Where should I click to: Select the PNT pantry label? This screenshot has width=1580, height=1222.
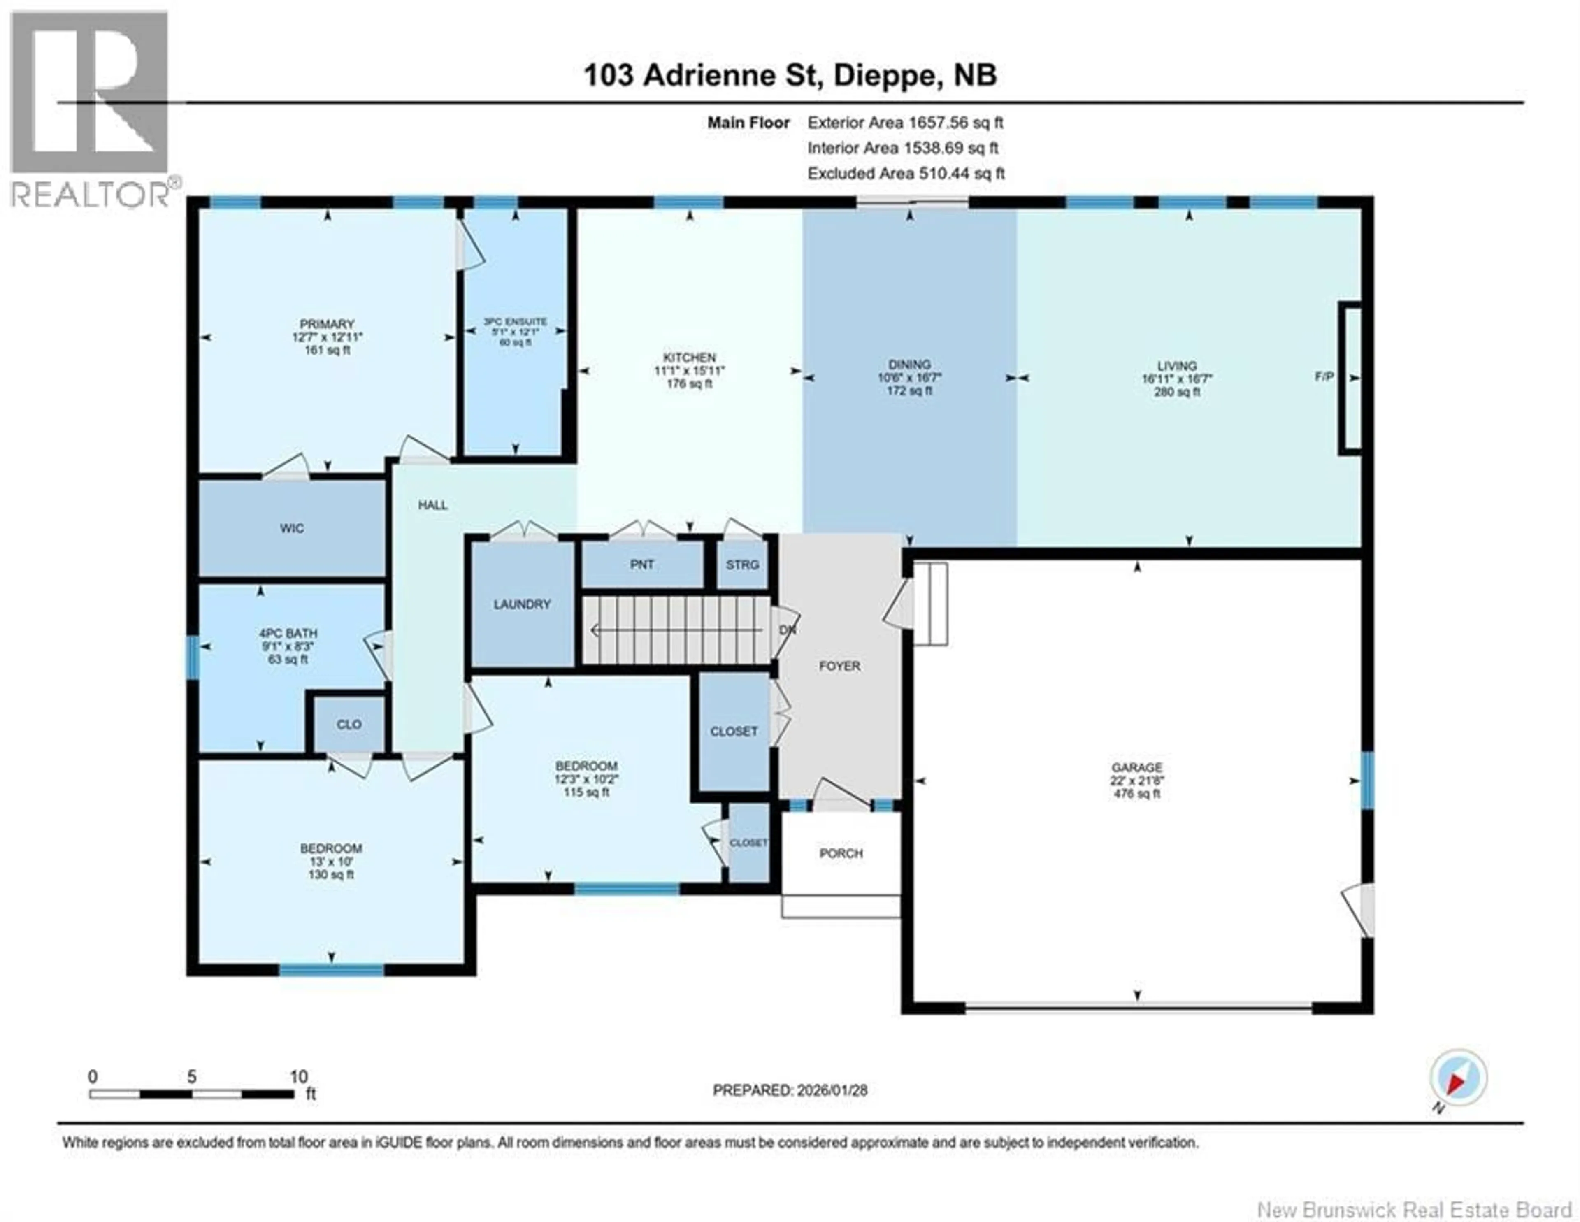click(x=642, y=565)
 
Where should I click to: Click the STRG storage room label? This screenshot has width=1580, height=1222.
click(x=742, y=565)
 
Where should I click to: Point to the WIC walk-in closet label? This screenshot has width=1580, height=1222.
click(x=292, y=528)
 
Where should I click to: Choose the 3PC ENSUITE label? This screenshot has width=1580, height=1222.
click(x=515, y=321)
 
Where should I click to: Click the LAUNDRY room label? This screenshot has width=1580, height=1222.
click(x=522, y=604)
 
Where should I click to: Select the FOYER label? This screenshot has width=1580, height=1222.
click(x=839, y=666)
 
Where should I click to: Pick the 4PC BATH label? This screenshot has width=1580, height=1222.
click(x=288, y=633)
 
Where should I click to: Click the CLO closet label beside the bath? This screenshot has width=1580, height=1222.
click(x=349, y=724)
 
